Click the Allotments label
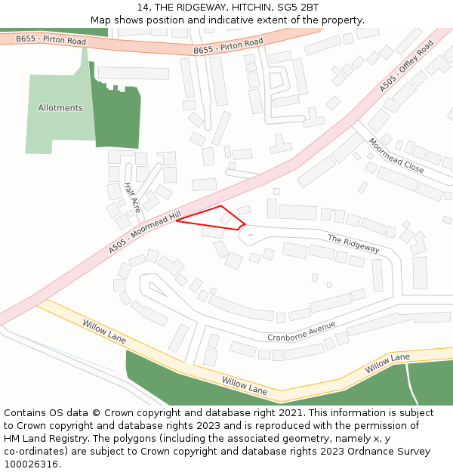(x=60, y=108)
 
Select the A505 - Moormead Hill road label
(x=144, y=232)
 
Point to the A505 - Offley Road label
(x=407, y=67)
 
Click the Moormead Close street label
(x=396, y=156)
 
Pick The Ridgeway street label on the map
(x=353, y=243)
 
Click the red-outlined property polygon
(x=214, y=217)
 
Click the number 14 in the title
(x=143, y=8)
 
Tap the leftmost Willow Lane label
(x=104, y=331)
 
